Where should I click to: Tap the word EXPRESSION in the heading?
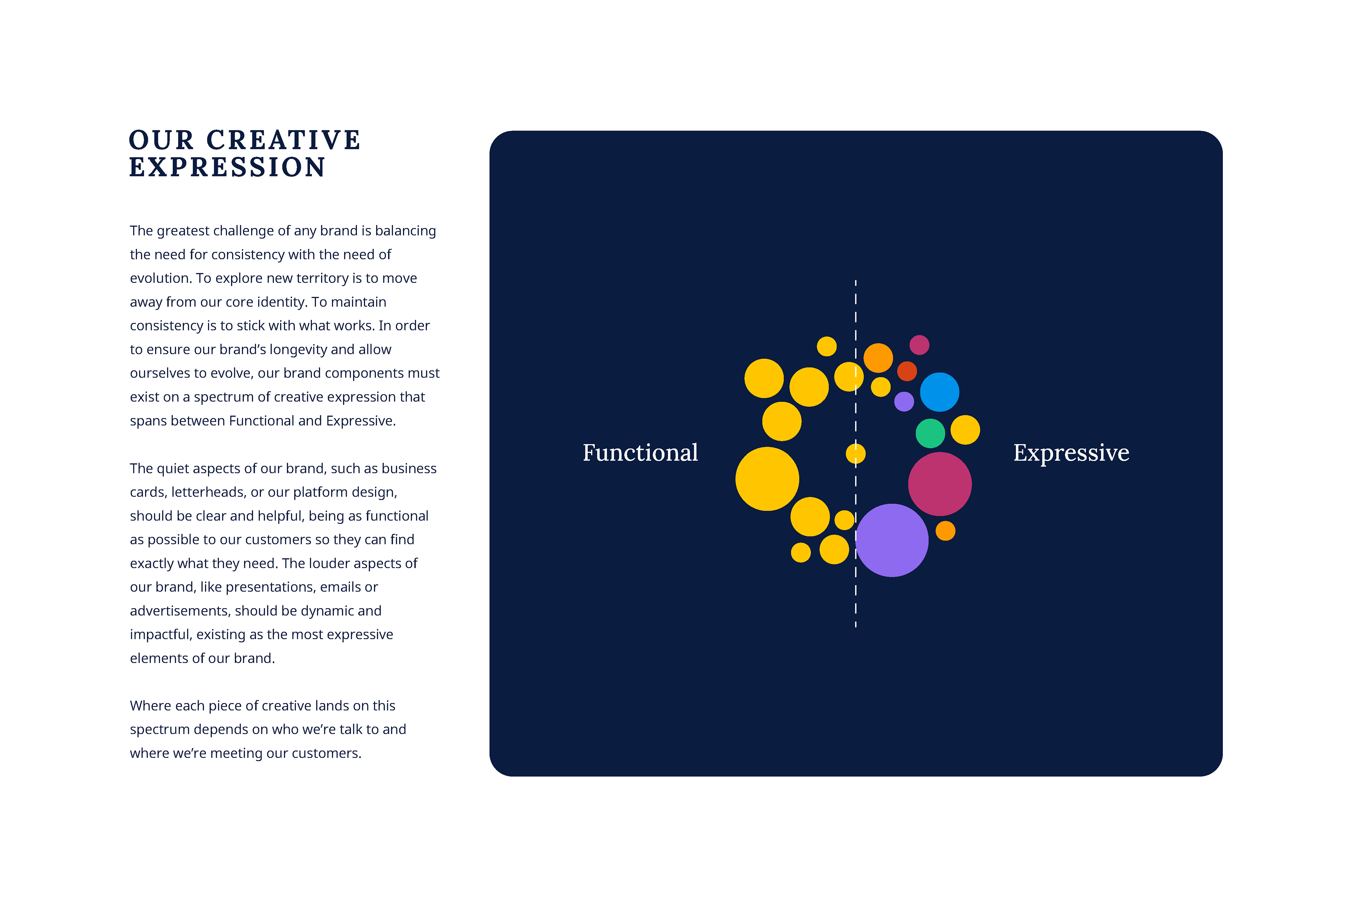227,167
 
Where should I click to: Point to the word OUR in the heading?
161,140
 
